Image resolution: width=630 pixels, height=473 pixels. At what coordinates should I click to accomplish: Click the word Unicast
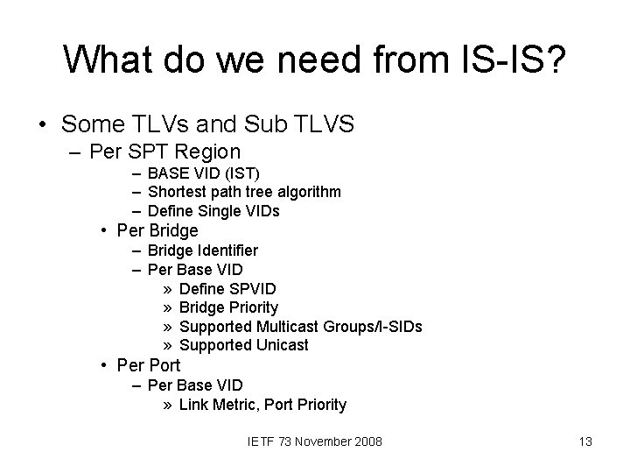click(283, 345)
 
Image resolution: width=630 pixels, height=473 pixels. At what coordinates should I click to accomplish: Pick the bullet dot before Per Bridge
click(104, 231)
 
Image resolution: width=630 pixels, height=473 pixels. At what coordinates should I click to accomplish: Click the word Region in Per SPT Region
click(209, 151)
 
